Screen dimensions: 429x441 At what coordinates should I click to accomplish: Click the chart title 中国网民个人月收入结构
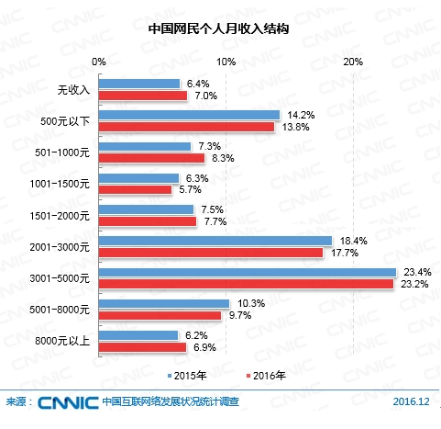coord(220,28)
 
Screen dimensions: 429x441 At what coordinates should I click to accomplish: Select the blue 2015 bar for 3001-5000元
coord(247,272)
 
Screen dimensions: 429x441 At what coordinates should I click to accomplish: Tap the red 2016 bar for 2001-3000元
coord(211,252)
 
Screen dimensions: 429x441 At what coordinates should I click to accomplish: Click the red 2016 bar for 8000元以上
coord(143,348)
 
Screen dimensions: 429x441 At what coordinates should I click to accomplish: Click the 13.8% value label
coord(293,127)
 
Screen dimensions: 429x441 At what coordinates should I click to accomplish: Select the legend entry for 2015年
coord(186,376)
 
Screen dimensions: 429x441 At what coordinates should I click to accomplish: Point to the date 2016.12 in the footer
coord(411,402)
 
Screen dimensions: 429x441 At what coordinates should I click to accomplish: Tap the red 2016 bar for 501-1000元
coord(152,157)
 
